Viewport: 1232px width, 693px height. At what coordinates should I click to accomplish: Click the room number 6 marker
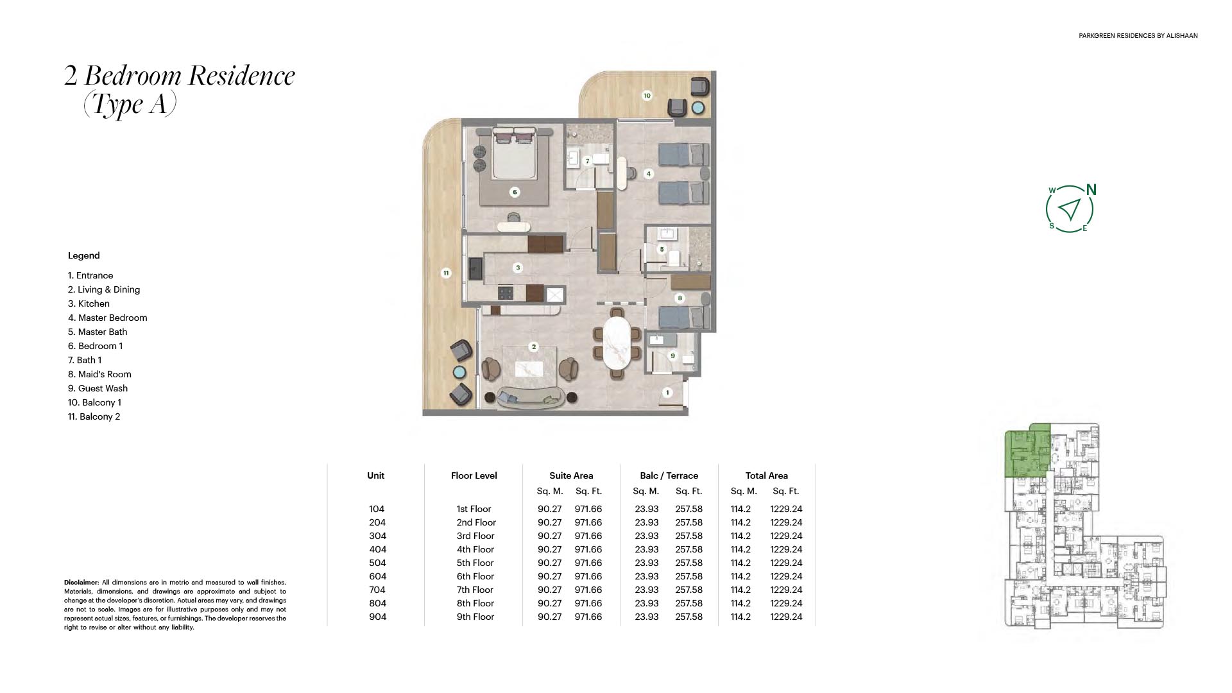pos(514,192)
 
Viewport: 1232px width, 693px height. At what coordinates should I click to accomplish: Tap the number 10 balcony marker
pos(647,96)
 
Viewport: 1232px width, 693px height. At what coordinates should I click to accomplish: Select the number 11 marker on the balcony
pos(446,273)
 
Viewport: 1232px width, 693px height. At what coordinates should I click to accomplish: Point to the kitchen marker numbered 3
pos(518,268)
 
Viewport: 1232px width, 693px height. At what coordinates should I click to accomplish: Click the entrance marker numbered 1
pos(667,393)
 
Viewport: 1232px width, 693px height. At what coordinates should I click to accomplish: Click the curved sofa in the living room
pos(531,397)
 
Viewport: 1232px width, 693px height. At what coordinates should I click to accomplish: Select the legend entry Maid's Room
pos(99,374)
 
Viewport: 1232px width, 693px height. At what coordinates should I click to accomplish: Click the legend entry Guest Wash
pos(98,388)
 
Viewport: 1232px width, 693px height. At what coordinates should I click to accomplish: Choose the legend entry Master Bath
pos(98,332)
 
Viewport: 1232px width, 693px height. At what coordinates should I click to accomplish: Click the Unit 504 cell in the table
pos(377,563)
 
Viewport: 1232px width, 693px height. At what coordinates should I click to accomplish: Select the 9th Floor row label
pos(475,617)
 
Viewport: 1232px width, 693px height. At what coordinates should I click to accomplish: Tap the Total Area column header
pos(766,475)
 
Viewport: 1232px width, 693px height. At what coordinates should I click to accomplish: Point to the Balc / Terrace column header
pos(669,475)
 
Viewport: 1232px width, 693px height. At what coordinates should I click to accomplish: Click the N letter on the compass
pos(1091,190)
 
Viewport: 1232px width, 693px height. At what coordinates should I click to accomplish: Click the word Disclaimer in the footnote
pos(81,583)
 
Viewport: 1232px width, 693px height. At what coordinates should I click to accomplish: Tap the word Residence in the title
pos(241,76)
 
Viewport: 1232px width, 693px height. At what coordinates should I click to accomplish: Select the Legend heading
pos(84,255)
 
